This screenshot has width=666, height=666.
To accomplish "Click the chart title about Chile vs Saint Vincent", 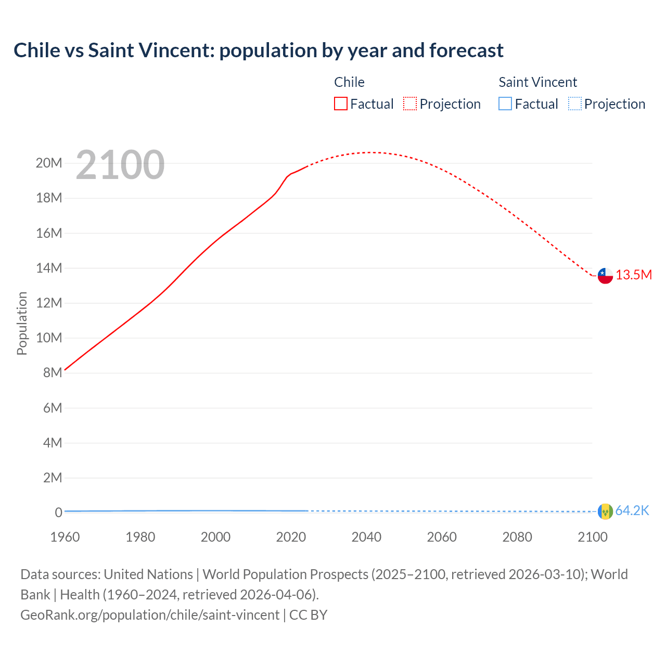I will [x=258, y=50].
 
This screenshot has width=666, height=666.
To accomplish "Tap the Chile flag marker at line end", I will [x=605, y=276].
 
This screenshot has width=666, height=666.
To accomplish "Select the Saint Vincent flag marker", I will [x=605, y=511].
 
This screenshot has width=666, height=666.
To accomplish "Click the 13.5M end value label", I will [x=634, y=275].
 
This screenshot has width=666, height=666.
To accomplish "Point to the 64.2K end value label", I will [x=632, y=511].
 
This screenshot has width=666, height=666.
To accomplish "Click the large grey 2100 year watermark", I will [x=120, y=165].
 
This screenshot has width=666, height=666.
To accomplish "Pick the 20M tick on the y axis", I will [x=49, y=163].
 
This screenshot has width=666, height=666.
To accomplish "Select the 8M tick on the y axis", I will [x=53, y=373].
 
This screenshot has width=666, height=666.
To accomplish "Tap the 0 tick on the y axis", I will [x=58, y=513].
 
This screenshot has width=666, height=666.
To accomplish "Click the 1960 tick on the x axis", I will [x=65, y=537].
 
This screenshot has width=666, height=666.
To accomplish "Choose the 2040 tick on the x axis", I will [x=366, y=537].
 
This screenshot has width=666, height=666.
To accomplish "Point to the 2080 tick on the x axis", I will [x=517, y=537].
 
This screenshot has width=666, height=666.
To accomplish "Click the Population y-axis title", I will [x=22, y=323].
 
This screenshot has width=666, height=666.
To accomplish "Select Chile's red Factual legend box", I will [x=341, y=104].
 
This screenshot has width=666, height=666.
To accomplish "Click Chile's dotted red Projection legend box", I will [x=410, y=104].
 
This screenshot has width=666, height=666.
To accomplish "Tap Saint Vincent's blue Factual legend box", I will [x=505, y=104].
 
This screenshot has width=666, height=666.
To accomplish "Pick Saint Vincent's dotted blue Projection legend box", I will [x=575, y=104].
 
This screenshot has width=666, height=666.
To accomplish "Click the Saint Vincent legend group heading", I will [x=537, y=82].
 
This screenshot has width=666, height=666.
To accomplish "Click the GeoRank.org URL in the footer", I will [x=150, y=615].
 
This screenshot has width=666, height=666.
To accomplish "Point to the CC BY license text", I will [x=308, y=615].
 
